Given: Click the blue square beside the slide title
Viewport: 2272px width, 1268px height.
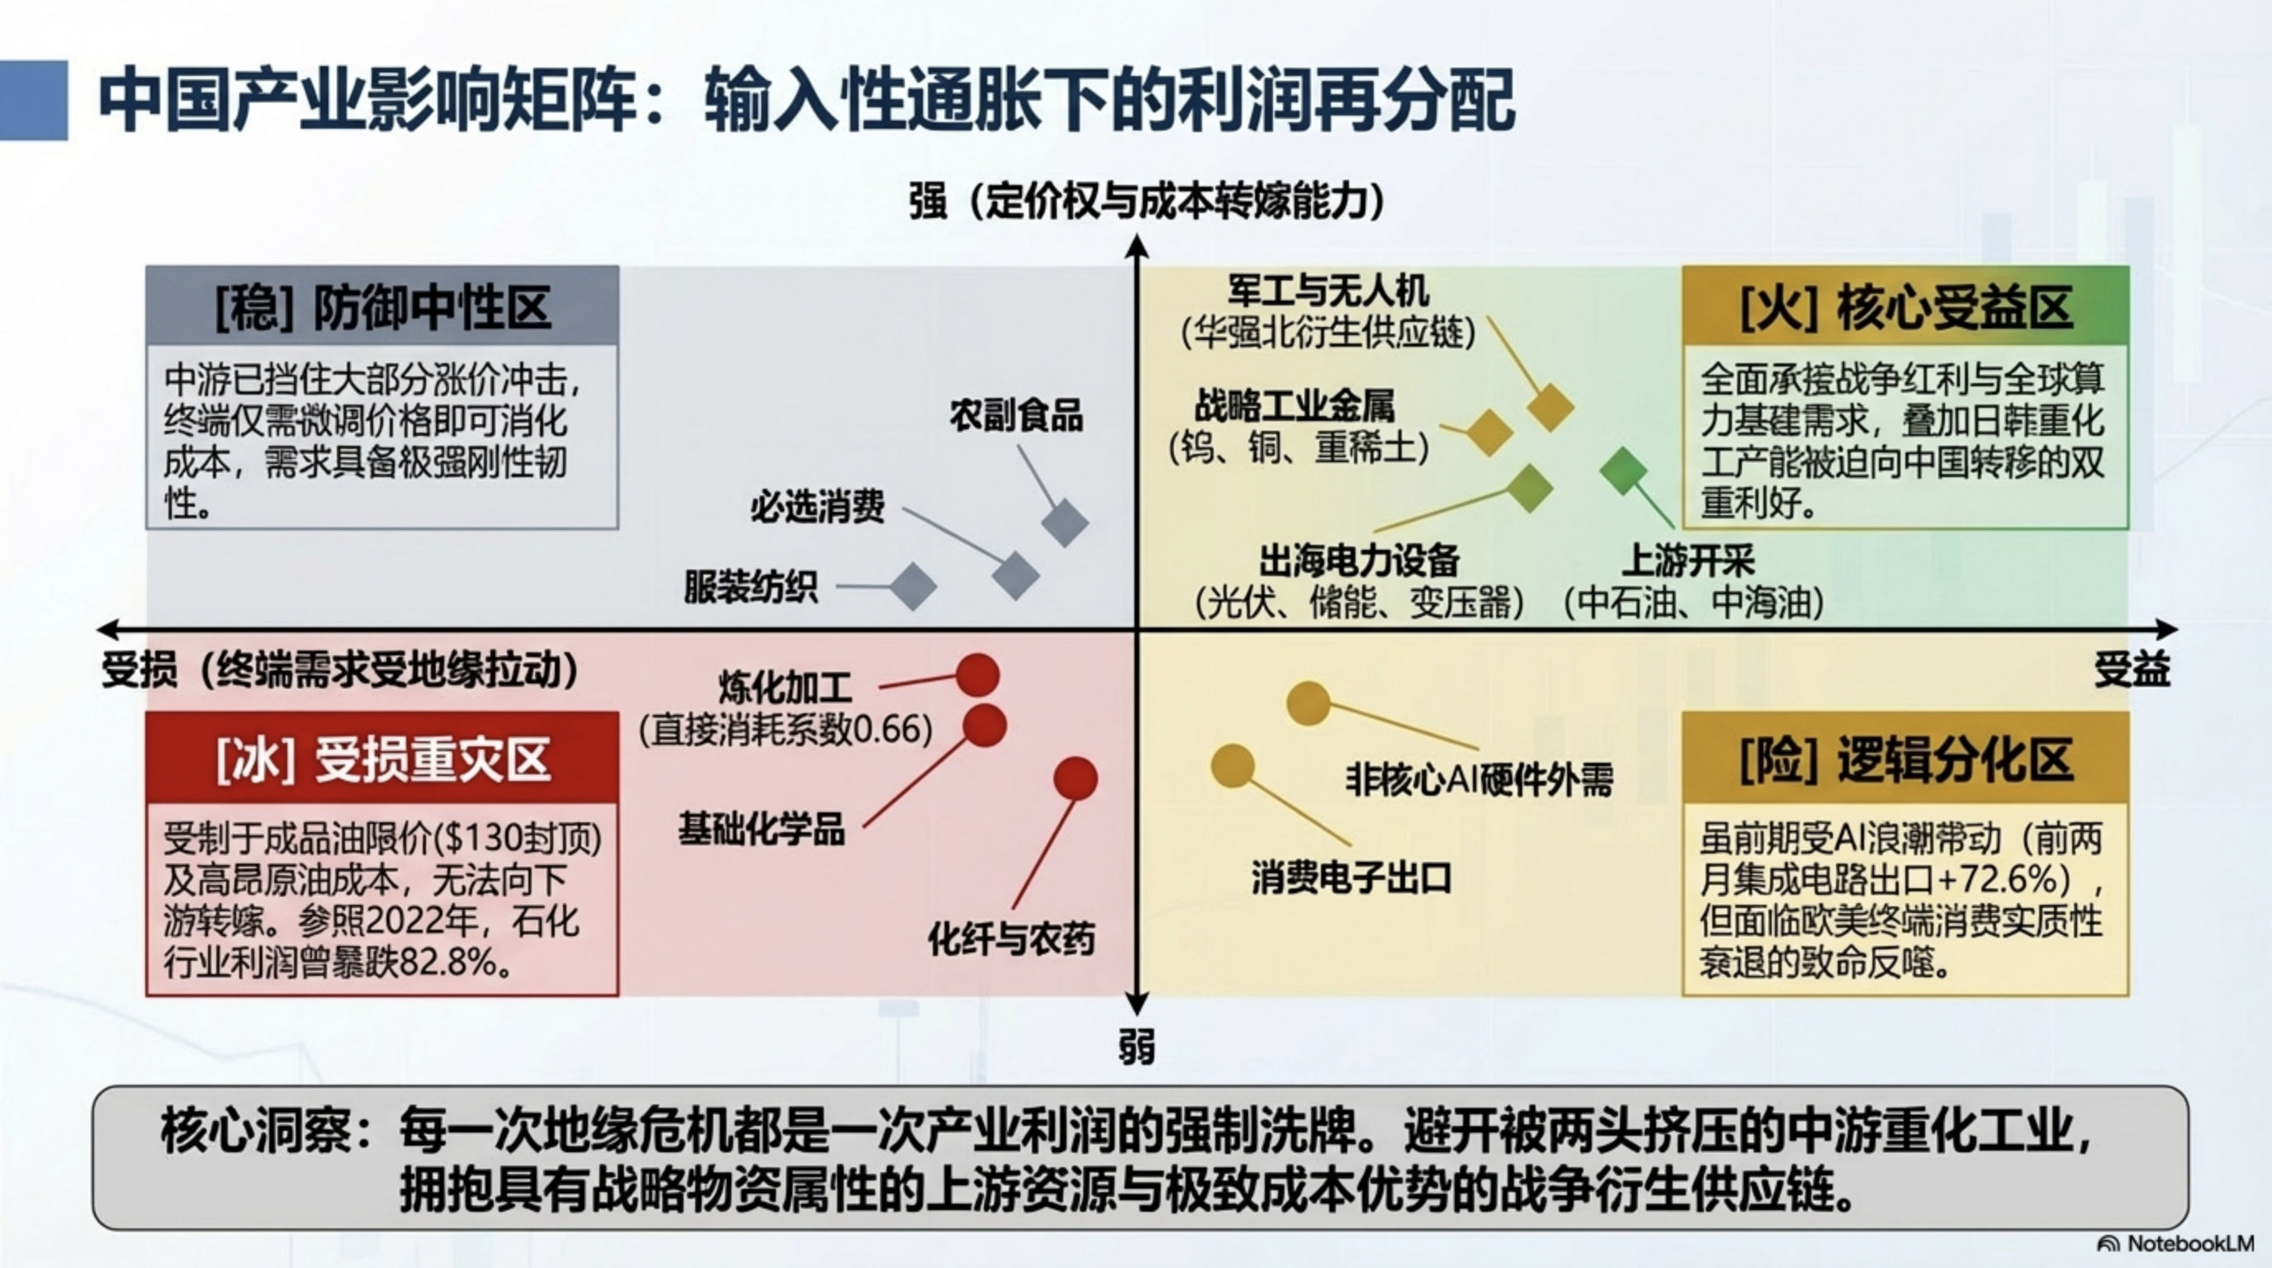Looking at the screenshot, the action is [x=34, y=100].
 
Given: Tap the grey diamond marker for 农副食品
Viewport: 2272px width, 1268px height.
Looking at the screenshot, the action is [x=1064, y=523].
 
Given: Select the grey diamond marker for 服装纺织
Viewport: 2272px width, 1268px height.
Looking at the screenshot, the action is [x=912, y=586].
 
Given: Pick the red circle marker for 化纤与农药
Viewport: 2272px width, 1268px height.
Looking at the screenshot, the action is [x=1075, y=778].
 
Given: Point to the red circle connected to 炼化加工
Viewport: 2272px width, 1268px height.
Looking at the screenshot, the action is [x=978, y=676].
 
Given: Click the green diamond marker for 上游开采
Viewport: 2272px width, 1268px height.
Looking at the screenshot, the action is [x=1623, y=471].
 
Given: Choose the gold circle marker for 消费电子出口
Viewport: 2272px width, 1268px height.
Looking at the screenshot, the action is [x=1232, y=765].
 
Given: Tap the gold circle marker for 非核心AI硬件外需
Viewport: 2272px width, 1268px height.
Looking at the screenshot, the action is [x=1308, y=703].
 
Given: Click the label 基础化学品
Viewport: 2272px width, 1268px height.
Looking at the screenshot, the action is [x=761, y=830].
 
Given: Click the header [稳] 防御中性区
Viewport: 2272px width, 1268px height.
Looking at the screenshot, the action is [x=383, y=308].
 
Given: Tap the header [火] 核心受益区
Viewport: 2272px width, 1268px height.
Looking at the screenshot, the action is [x=1906, y=308].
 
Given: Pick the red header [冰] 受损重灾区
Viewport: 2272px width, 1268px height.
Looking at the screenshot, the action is [x=383, y=759].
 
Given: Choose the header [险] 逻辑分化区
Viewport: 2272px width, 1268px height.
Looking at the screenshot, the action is [x=1906, y=759].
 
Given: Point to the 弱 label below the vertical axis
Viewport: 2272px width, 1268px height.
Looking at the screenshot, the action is [x=1137, y=1048].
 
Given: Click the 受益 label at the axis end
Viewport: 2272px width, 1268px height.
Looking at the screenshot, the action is [x=2132, y=671].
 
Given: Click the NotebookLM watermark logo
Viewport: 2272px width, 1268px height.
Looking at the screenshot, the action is [x=2108, y=1243].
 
